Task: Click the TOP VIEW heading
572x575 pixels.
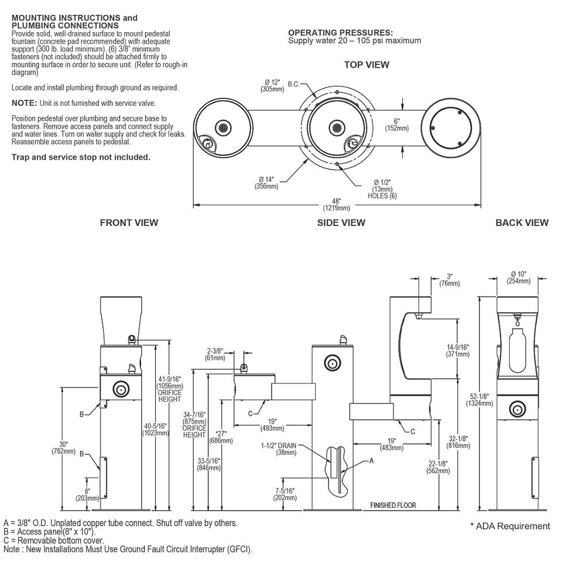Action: click(x=366, y=65)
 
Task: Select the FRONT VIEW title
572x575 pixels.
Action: click(x=129, y=223)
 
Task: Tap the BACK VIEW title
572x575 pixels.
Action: click(x=521, y=223)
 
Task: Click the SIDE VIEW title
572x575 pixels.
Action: click(x=341, y=223)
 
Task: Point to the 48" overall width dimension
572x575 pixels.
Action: click(x=337, y=201)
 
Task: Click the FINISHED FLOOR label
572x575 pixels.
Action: click(x=393, y=505)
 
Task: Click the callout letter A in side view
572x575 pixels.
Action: click(x=371, y=461)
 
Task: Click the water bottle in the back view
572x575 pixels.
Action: click(x=517, y=347)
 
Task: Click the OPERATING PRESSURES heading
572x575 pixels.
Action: click(x=341, y=33)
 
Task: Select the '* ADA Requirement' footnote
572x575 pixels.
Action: click(x=510, y=526)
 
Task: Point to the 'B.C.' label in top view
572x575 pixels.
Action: click(x=293, y=85)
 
